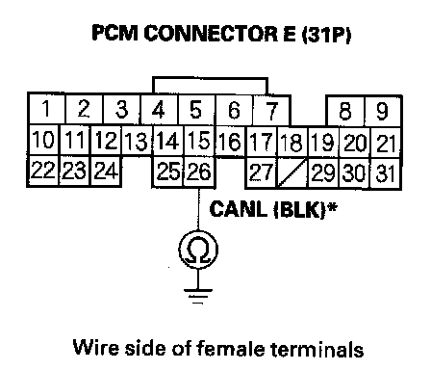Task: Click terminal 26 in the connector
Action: [200, 172]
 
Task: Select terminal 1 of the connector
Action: [47, 109]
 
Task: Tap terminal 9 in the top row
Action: [382, 111]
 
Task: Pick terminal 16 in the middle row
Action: [230, 142]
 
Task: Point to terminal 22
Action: [43, 171]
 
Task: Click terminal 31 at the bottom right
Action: [385, 173]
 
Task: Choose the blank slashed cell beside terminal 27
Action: [292, 172]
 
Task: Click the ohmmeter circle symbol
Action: [198, 250]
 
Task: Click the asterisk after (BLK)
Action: [333, 207]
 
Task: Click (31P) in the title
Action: [326, 34]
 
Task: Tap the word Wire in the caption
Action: [96, 348]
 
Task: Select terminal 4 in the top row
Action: [159, 109]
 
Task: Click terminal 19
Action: [323, 143]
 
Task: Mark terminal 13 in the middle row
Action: [138, 141]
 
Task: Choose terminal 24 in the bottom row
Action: [106, 171]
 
